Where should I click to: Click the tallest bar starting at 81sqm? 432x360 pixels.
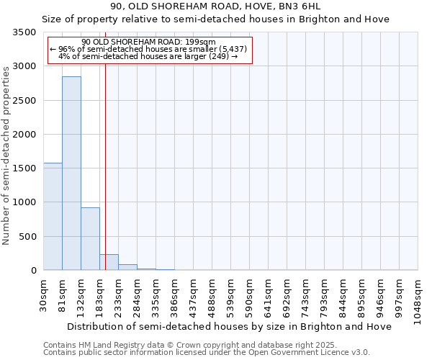[71, 173]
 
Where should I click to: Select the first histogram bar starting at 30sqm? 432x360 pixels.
[53, 216]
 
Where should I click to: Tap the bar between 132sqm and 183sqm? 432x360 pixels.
[90, 238]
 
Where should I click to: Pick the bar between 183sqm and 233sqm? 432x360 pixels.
[109, 262]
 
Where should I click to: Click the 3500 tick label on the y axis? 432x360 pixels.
[24, 32]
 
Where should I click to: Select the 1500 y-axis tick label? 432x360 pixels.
[24, 168]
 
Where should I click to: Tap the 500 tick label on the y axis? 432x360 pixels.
[27, 237]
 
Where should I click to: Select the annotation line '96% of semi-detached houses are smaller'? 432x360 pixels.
[148, 49]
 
